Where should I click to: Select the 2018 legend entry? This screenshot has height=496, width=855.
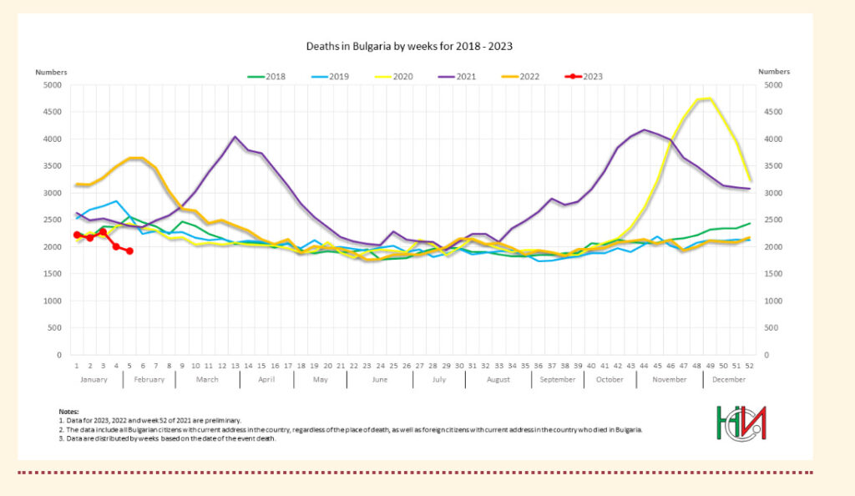tap(267, 76)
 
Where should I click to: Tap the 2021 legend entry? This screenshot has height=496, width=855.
tap(457, 76)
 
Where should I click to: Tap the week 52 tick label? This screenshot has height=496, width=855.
tap(750, 366)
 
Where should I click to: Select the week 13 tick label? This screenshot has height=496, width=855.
tap(235, 366)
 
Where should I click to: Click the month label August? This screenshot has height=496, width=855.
tap(498, 379)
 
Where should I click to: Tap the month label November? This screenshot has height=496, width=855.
tap(669, 379)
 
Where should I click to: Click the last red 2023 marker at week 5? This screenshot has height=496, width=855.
tap(129, 251)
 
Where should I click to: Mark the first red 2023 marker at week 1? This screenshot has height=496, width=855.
tap(77, 235)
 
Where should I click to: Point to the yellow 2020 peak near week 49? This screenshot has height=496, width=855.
tap(709, 99)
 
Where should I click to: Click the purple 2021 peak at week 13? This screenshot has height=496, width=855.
tap(235, 137)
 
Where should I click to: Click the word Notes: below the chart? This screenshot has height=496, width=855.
tap(68, 412)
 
